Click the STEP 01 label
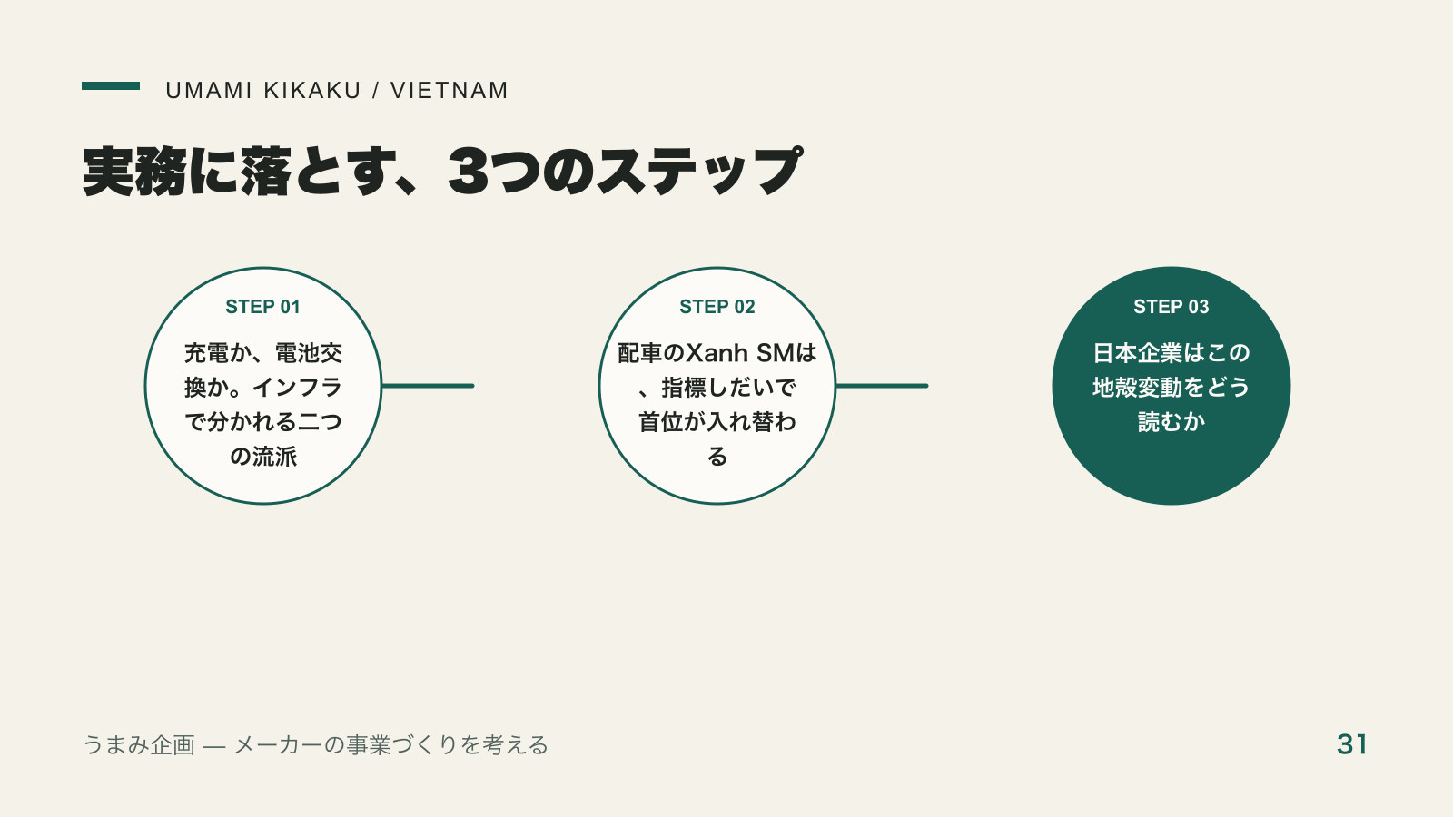tap(262, 307)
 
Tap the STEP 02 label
tap(717, 307)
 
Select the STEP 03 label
tap(1171, 307)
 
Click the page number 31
tap(1352, 744)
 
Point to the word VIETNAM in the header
tap(450, 91)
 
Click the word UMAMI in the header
tap(208, 91)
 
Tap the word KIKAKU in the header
tap(312, 91)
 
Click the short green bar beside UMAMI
tap(111, 85)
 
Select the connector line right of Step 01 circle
tap(428, 386)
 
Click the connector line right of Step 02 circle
tap(882, 386)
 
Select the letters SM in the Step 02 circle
tap(776, 353)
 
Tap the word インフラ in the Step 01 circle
tap(297, 388)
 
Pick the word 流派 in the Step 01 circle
tap(274, 457)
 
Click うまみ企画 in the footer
tap(139, 745)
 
